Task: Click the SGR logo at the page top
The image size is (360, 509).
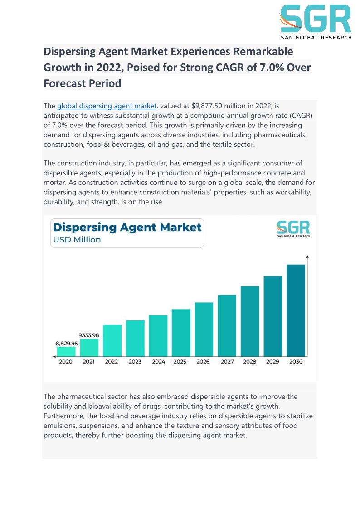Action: pos(315,22)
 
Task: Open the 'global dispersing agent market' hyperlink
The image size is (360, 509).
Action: pos(107,106)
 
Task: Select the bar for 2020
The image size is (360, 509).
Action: pos(66,351)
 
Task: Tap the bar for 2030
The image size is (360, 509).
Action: pos(296,310)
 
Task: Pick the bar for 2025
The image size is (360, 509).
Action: pos(181,332)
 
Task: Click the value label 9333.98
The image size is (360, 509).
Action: pos(89,335)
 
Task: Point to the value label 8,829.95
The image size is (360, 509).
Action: pos(67,344)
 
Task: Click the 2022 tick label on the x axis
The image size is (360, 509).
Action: pos(112,362)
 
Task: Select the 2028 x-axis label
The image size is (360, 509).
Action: pos(249,362)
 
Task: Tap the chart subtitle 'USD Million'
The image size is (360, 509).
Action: pos(77,240)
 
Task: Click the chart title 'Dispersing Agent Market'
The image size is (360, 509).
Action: pos(127,227)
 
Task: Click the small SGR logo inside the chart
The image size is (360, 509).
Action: pos(293,229)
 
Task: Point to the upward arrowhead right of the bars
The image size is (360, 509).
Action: pos(308,257)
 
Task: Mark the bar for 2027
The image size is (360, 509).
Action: pos(227,325)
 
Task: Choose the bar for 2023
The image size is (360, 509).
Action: pos(135,338)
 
